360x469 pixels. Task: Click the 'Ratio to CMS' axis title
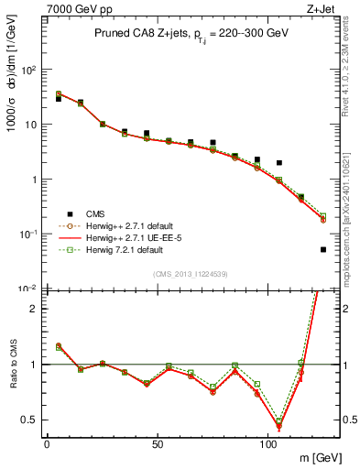pos(12,366)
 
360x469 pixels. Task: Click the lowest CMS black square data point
pos(323,249)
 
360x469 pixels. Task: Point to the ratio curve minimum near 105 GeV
pos(278,426)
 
